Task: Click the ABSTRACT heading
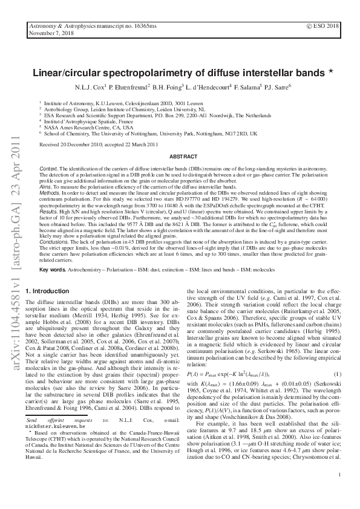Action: (x=180, y=155)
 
